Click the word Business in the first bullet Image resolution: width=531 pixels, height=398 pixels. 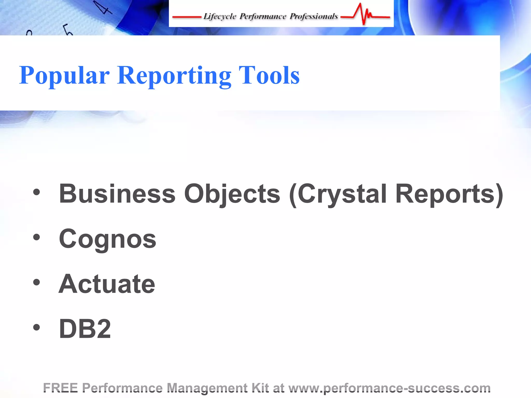click(117, 194)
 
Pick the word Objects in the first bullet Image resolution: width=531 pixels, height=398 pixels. click(232, 194)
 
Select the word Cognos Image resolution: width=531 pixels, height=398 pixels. click(107, 239)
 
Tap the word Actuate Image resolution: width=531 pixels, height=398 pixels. click(107, 284)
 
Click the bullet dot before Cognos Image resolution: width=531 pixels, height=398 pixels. click(37, 237)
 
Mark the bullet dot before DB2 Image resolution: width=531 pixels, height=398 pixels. click(37, 327)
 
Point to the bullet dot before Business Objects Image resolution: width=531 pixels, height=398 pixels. click(37, 192)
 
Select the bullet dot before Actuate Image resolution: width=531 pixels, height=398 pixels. click(37, 282)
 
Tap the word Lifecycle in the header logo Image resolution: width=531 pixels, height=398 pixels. click(220, 16)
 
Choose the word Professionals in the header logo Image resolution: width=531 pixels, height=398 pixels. click(314, 16)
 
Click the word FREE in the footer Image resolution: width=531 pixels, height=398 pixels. click(60, 388)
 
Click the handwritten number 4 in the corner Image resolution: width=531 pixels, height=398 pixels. click(103, 8)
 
